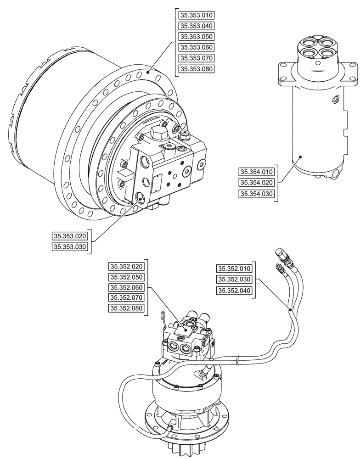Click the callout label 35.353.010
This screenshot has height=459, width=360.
pos(194,16)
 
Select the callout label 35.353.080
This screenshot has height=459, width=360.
pos(194,69)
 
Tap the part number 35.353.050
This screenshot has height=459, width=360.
pos(194,37)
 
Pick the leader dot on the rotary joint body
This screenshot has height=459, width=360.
pos(300,157)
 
